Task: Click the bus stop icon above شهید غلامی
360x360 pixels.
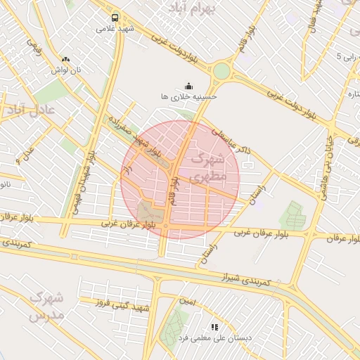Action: [115, 18]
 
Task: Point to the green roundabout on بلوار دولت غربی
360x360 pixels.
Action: [221, 71]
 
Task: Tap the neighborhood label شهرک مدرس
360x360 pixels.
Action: [46, 306]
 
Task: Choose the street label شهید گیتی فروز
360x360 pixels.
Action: [121, 304]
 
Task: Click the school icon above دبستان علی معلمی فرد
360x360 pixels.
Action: [214, 327]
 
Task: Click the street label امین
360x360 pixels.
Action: [187, 302]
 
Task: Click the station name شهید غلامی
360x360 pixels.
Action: [115, 30]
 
